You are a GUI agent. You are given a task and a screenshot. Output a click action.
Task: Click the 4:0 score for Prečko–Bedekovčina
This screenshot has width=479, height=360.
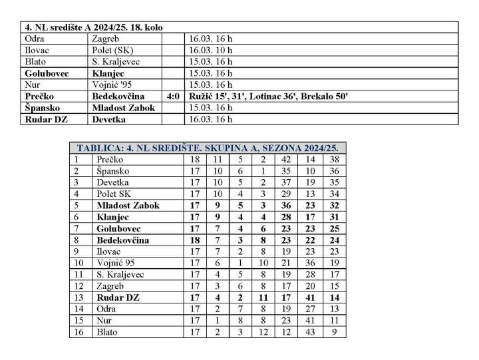point(173,96)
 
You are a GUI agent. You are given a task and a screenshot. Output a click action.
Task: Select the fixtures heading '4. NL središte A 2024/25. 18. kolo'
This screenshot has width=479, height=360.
point(94,27)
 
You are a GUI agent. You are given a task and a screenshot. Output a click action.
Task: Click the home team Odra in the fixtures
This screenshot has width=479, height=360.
point(34,39)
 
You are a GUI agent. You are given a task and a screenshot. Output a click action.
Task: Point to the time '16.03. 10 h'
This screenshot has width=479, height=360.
point(211,51)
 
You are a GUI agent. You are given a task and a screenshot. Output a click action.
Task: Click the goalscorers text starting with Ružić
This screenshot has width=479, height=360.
point(269,96)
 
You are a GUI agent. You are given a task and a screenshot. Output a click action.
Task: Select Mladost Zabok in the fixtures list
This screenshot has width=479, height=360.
point(124,108)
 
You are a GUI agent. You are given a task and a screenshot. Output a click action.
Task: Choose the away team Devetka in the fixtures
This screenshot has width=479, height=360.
point(110,120)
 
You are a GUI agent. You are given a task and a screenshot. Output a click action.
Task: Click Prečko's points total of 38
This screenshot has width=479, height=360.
point(335,160)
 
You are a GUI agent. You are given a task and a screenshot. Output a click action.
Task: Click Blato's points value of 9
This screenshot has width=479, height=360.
point(335,331)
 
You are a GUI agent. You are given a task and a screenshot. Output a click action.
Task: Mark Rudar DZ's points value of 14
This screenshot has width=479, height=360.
point(335,297)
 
